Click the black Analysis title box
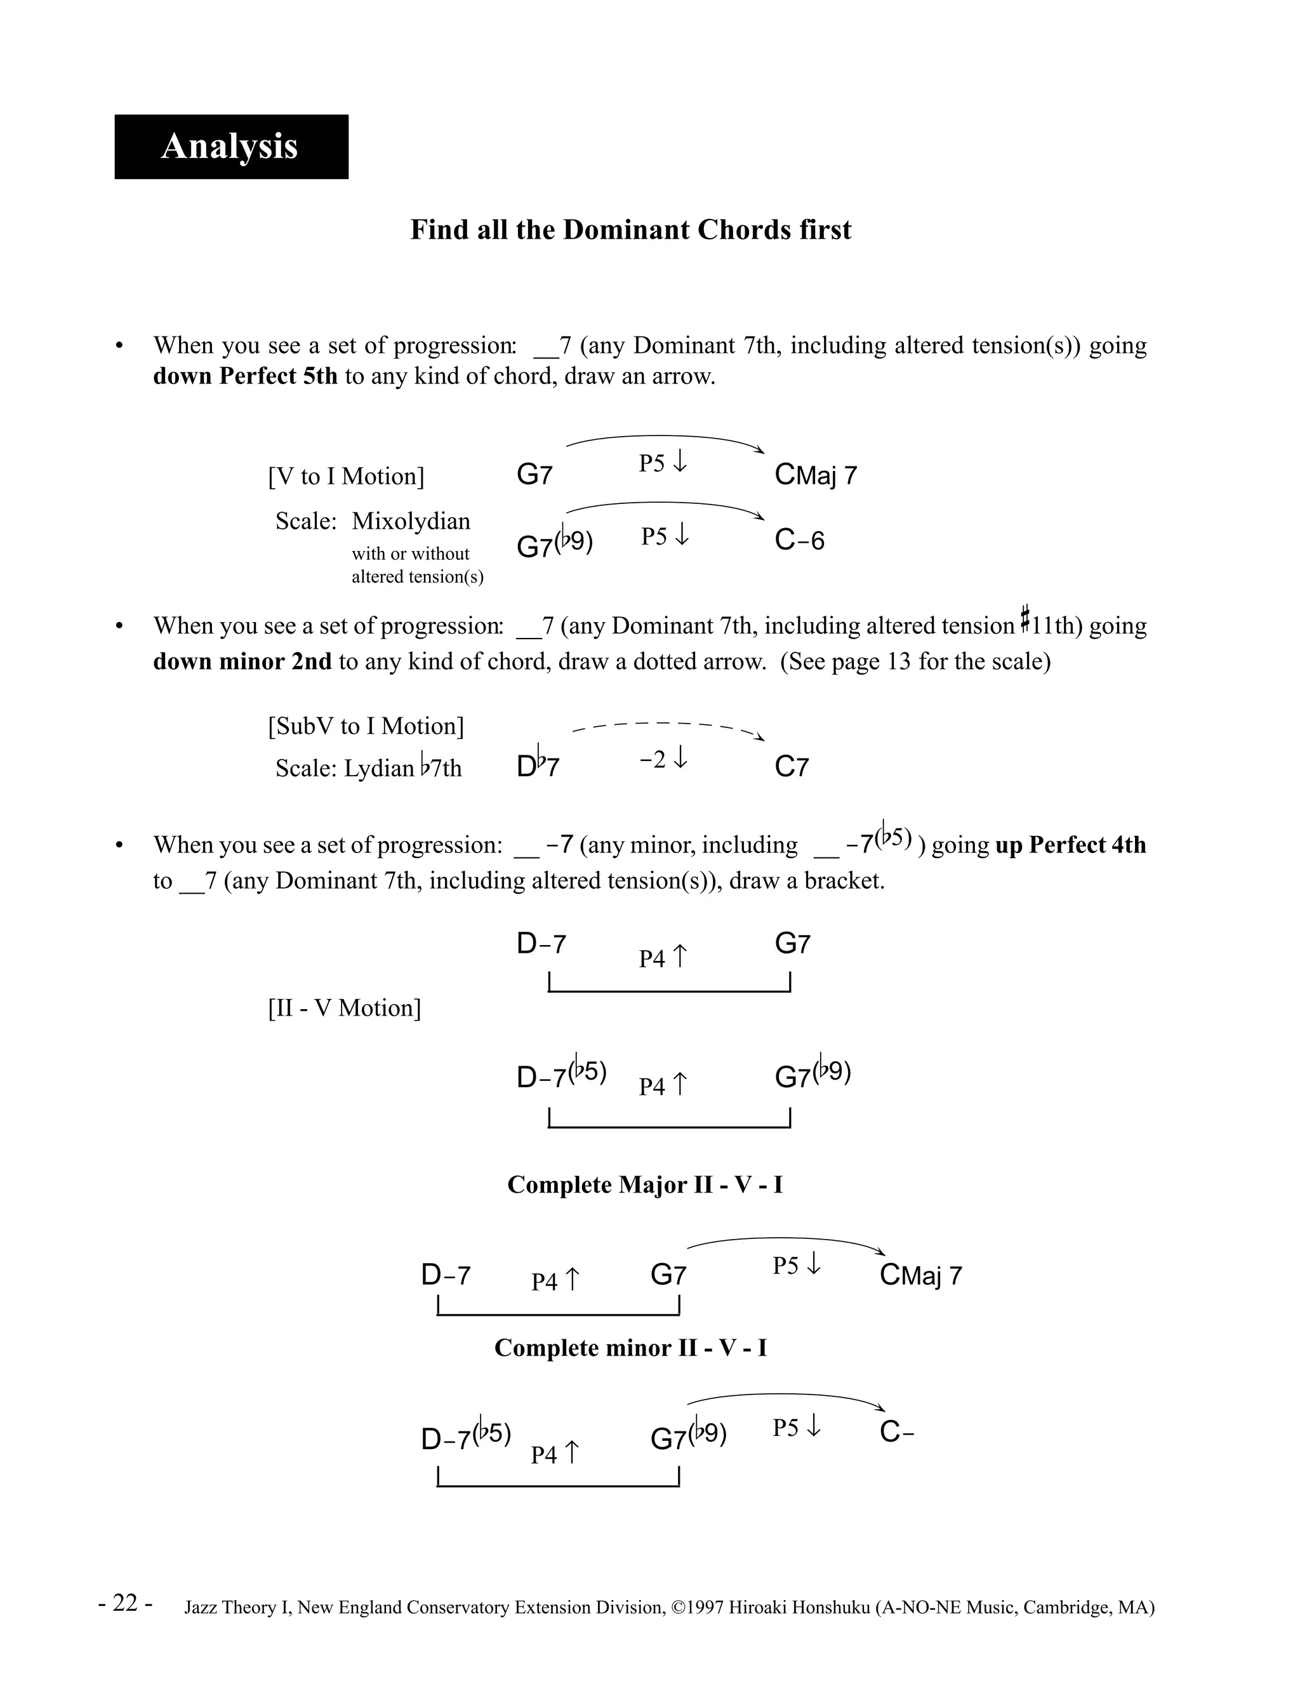(231, 147)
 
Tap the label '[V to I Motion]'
(346, 476)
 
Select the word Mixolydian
(411, 521)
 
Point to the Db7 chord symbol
(538, 766)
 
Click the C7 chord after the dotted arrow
(791, 766)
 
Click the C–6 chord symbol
(799, 541)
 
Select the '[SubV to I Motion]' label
(366, 726)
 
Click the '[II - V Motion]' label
(344, 1007)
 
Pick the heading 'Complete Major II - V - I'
(645, 1184)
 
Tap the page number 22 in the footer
(126, 1603)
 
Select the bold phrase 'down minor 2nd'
(242, 661)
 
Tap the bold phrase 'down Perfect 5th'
(245, 376)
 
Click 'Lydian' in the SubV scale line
(379, 769)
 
